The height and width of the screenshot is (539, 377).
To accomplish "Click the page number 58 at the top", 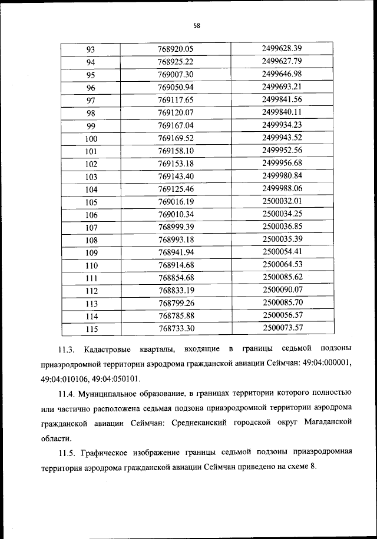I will [x=197, y=25].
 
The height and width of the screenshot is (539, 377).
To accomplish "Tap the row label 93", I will [x=91, y=49].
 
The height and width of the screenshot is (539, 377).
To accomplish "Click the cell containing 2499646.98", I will [x=282, y=74].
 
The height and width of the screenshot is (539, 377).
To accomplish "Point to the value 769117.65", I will [x=176, y=99].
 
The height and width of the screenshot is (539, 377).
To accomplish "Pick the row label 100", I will [x=91, y=138].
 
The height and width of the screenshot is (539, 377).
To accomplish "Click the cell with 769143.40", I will [x=176, y=177].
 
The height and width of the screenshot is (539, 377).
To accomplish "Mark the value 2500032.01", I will [x=282, y=201].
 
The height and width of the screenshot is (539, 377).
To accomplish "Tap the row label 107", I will [x=91, y=228].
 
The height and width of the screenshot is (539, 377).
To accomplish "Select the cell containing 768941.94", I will [x=176, y=252].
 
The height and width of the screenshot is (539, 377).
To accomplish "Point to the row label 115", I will [x=91, y=329].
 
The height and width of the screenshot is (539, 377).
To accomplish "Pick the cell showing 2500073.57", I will [x=282, y=328].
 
